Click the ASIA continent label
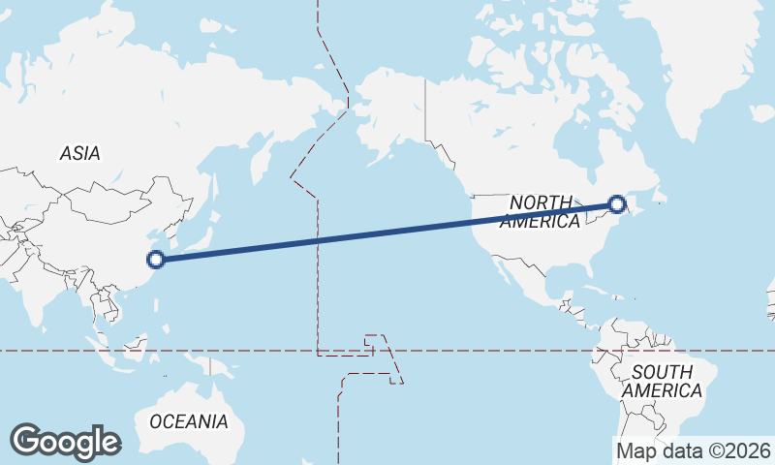(x=79, y=153)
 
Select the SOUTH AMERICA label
(x=663, y=382)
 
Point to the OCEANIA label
(x=189, y=421)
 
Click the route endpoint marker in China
(x=155, y=259)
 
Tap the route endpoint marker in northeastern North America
(x=616, y=203)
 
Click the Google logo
(x=65, y=441)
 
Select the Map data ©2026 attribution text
(x=694, y=450)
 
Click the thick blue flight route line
(x=387, y=232)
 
